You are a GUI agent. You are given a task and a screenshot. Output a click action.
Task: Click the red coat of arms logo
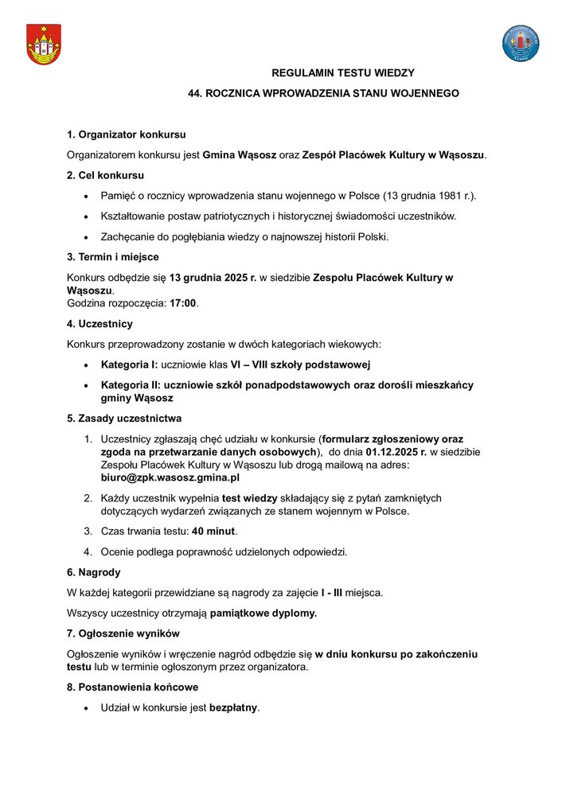point(43,45)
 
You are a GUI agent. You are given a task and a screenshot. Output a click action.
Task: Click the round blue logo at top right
point(521,44)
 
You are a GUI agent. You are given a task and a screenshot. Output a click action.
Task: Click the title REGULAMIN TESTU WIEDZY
point(343,73)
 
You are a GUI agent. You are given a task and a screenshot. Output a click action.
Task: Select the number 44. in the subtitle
point(196,93)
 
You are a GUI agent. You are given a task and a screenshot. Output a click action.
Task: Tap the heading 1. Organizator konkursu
point(127,134)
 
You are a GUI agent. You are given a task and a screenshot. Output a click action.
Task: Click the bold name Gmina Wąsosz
point(239,154)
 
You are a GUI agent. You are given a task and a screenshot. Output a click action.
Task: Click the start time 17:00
point(184,303)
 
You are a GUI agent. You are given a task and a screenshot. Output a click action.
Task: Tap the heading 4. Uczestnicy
point(100,324)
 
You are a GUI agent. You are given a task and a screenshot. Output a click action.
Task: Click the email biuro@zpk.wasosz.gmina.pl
point(170,477)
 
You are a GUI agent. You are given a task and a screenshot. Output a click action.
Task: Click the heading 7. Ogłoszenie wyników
point(129,633)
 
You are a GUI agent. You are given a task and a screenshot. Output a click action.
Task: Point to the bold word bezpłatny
point(233,707)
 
